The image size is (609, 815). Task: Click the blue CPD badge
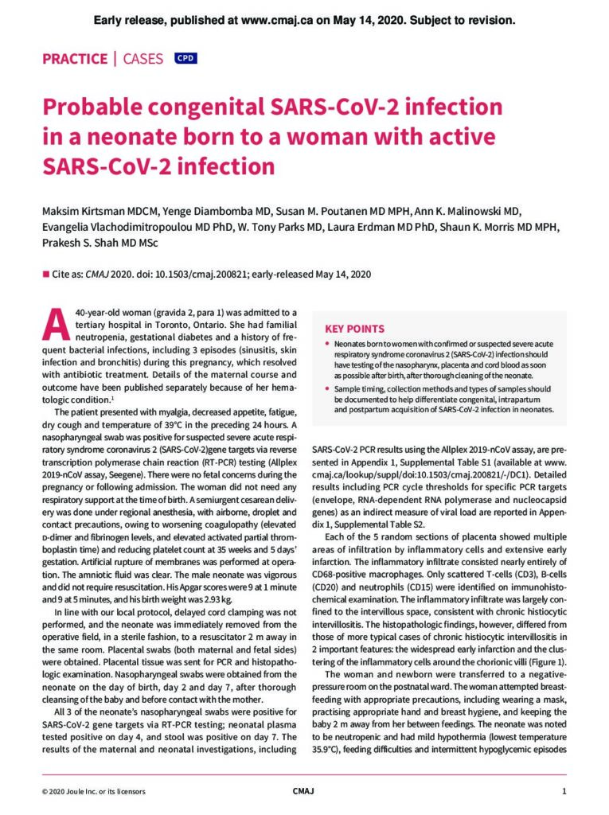click(185, 58)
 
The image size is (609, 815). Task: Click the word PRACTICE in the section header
click(74, 59)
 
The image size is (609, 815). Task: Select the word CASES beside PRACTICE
click(143, 59)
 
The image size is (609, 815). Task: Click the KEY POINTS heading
click(354, 329)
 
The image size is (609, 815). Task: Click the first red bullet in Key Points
click(328, 344)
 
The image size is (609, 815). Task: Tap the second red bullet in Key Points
click(328, 388)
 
